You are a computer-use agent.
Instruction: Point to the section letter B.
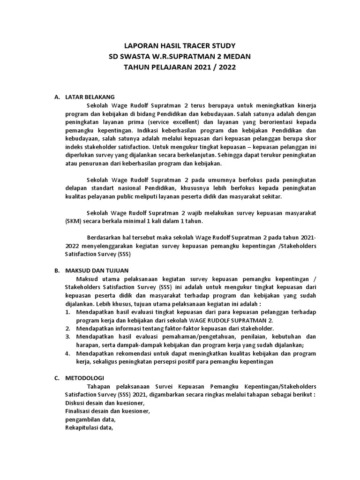(57, 271)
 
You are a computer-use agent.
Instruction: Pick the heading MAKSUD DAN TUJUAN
(99, 271)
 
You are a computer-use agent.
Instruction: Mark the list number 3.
(67, 337)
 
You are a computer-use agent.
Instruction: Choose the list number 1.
(67, 312)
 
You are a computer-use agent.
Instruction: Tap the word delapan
(75, 187)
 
